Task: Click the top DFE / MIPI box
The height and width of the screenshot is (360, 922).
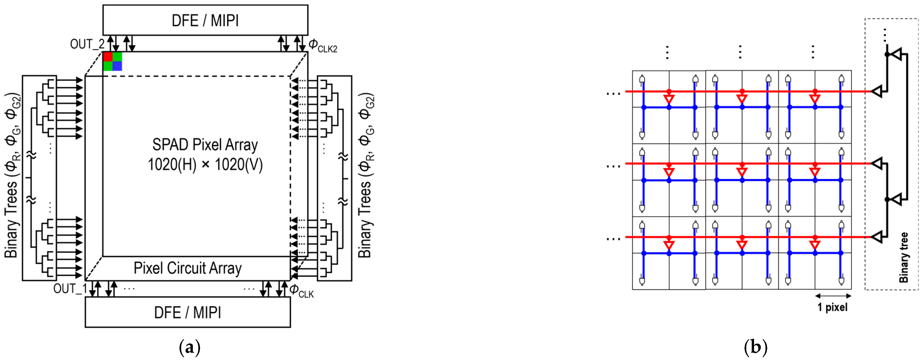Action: [205, 20]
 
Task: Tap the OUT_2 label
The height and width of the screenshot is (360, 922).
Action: [87, 44]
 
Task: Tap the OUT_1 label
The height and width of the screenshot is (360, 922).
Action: [70, 288]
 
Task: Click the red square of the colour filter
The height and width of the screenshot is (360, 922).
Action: [108, 57]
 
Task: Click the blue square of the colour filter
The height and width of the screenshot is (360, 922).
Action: [117, 66]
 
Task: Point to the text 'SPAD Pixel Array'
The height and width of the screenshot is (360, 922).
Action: [205, 145]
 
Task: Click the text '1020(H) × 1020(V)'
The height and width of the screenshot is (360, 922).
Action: [205, 165]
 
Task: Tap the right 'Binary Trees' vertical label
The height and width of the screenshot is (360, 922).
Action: [366, 175]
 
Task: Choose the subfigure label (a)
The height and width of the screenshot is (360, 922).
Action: [189, 347]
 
